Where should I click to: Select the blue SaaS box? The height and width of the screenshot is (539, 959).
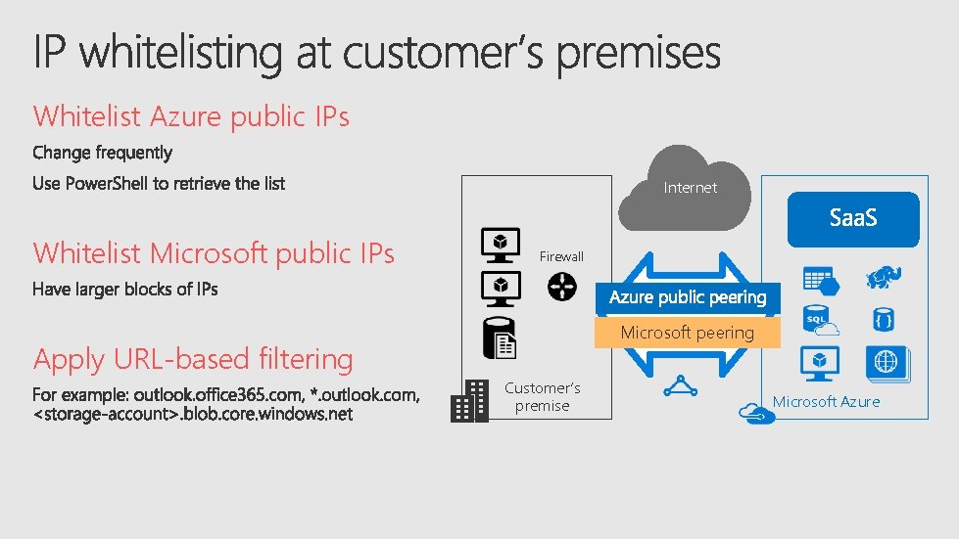tap(853, 218)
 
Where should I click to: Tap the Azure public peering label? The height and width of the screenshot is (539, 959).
tap(687, 297)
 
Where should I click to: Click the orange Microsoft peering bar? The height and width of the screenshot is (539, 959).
tap(687, 333)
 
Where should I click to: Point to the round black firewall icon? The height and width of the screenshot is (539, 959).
tap(562, 286)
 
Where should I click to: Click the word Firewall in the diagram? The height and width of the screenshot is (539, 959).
tap(561, 256)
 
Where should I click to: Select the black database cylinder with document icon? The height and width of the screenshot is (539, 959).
tap(499, 337)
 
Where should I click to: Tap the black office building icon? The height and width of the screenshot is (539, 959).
tap(469, 401)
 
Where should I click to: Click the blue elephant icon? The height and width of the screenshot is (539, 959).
tap(883, 278)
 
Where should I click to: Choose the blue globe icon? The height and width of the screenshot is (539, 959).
tap(887, 361)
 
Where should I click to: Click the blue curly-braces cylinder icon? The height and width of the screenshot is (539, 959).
tap(883, 319)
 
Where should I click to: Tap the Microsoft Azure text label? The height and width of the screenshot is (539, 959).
tap(826, 401)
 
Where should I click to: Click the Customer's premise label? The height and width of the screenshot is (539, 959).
tap(542, 396)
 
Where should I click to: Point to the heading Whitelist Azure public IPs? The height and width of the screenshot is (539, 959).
tap(191, 116)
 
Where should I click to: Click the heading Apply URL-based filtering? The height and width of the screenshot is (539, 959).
tap(193, 359)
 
